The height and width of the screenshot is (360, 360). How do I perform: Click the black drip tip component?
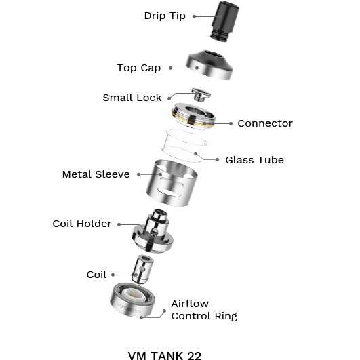point(224,21)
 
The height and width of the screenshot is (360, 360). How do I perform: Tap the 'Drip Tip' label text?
point(165,16)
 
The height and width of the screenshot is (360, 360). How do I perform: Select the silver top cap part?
point(209,64)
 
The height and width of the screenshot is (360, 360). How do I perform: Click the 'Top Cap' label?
point(139,68)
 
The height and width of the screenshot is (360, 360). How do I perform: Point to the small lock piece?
point(201,94)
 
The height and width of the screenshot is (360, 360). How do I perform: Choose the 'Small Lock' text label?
point(132,98)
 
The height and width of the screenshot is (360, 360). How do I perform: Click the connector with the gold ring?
point(194,115)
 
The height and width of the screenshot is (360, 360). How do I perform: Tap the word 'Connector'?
point(265,123)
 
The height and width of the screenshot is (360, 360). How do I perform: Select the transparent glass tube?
point(184,145)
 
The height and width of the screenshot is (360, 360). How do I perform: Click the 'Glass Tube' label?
point(255,160)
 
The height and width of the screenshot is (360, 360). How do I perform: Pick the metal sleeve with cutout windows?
point(172,183)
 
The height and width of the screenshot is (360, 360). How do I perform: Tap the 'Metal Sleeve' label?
point(96,174)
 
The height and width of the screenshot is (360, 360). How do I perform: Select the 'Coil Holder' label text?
point(82,224)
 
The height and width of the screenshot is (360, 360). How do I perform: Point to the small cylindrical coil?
point(142,269)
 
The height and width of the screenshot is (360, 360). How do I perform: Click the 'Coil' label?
point(96,275)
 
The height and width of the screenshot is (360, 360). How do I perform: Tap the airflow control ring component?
point(132,300)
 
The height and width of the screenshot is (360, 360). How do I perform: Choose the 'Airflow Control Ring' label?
point(204,310)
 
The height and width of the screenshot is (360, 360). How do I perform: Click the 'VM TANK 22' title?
point(165,355)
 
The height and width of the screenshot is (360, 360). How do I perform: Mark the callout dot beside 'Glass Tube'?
point(218,159)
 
